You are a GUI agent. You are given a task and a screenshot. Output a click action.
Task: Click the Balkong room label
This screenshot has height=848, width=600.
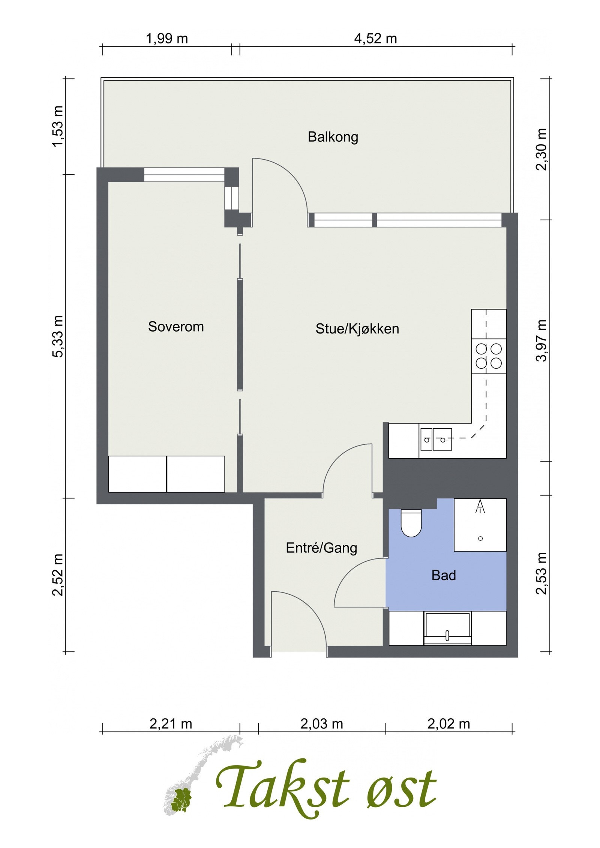pos(333,137)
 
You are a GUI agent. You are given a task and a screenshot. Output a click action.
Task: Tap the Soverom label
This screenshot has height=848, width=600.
pos(176,326)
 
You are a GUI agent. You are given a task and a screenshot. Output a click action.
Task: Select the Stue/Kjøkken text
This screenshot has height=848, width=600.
pos(357,329)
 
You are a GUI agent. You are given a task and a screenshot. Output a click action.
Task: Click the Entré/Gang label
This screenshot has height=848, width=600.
pos(321,548)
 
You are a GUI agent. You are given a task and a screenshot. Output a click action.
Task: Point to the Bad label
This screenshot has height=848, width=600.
pos(444,575)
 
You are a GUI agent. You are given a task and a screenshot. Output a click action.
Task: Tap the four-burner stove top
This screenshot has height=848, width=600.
pos(489,356)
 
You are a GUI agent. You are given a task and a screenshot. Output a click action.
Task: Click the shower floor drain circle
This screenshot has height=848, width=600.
pos(480,538)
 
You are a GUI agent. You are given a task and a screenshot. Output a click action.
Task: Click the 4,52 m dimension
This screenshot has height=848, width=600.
pos(375,38)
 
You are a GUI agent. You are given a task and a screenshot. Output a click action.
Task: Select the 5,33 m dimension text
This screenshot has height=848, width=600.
pos(58,337)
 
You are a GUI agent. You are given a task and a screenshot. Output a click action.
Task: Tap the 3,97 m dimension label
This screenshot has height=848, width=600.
pos(541,340)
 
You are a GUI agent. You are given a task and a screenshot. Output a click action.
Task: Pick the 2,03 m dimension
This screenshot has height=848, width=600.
pos(321,724)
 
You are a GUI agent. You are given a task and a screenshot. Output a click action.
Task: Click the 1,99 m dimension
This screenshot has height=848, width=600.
pos(167,38)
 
